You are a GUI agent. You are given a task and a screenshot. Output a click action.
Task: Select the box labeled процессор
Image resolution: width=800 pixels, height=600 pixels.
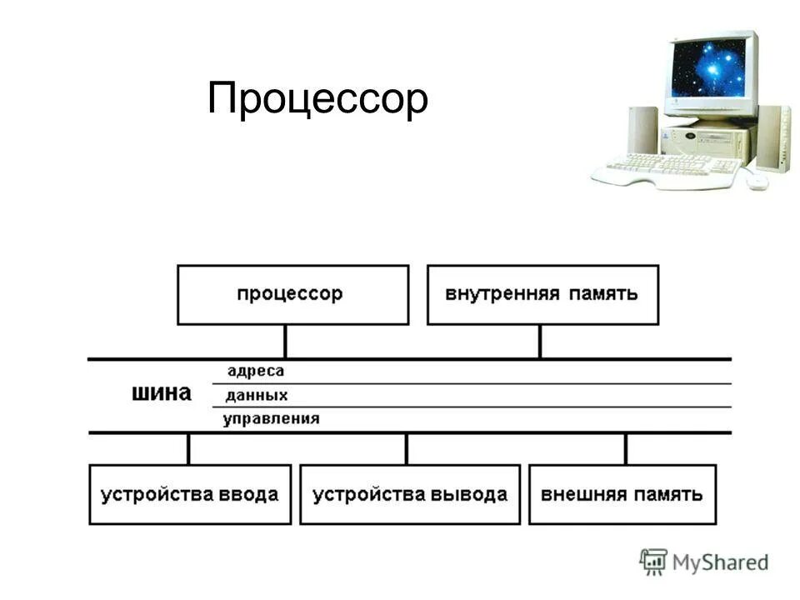pyautogui.click(x=292, y=294)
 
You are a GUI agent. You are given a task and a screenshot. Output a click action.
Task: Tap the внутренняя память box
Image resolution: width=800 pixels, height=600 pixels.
pyautogui.click(x=542, y=294)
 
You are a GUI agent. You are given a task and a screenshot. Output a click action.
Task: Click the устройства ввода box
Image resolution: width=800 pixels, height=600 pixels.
pyautogui.click(x=190, y=494)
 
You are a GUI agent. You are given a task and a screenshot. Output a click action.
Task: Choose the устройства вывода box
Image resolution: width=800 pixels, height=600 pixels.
pyautogui.click(x=409, y=494)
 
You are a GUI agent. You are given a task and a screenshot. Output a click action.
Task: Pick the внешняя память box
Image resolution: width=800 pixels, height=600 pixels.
pyautogui.click(x=622, y=494)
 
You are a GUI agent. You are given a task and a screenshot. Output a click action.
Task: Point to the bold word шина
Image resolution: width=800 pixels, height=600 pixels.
pyautogui.click(x=162, y=393)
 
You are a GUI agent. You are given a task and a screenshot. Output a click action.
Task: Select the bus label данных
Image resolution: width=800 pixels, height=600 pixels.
pyautogui.click(x=257, y=395)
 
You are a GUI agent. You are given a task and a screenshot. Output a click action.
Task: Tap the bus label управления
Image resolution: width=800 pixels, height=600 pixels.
pyautogui.click(x=271, y=418)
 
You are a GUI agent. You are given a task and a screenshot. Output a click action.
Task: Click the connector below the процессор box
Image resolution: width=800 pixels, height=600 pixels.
pyautogui.click(x=285, y=342)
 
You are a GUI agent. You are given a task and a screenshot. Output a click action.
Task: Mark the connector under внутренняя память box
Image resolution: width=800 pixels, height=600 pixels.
pyautogui.click(x=540, y=342)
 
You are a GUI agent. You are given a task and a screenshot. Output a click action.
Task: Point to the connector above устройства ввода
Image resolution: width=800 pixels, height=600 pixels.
pyautogui.click(x=188, y=448)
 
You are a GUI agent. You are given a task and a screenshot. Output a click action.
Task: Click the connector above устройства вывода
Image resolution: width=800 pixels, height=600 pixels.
pyautogui.click(x=407, y=448)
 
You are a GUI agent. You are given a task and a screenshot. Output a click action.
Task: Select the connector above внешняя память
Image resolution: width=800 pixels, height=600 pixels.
pyautogui.click(x=626, y=448)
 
